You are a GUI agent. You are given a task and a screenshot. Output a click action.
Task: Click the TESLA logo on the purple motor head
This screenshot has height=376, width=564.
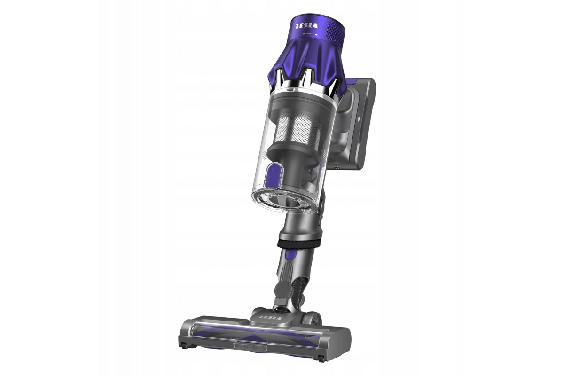point(306,26)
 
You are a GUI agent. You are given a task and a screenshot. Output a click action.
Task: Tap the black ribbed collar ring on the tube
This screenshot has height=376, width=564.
point(298,243)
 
